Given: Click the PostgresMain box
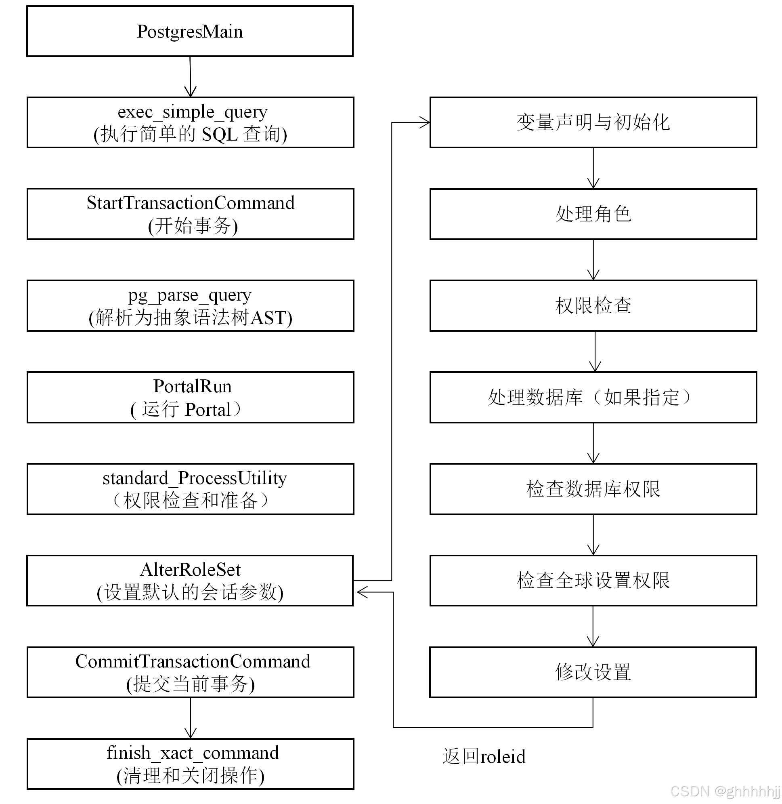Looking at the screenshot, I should pyautogui.click(x=190, y=31).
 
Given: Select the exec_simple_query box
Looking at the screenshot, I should pyautogui.click(x=190, y=122).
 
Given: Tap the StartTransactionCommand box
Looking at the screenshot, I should pyautogui.click(x=190, y=214).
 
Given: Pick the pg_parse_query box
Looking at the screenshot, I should pyautogui.click(x=190, y=306).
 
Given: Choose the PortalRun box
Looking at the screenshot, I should pyautogui.click(x=190, y=398).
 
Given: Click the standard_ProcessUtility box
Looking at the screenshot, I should pyautogui.click(x=190, y=489).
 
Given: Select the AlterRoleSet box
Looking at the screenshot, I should pyautogui.click(x=190, y=581).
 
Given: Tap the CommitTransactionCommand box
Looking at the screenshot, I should pyautogui.click(x=190, y=672).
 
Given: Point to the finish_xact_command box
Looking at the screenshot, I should pyautogui.click(x=190, y=764).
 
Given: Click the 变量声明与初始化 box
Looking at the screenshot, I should pyautogui.click(x=593, y=122).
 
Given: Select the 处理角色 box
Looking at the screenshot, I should pyautogui.click(x=593, y=214).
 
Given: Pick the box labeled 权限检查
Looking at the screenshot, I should pyautogui.click(x=593, y=306).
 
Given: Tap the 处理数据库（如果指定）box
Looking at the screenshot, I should pyautogui.click(x=593, y=398).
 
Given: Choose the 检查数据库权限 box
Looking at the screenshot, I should pyautogui.click(x=593, y=489).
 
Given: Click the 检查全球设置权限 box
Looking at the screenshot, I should pyautogui.click(x=593, y=581).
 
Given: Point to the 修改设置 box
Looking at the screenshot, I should pyautogui.click(x=593, y=672).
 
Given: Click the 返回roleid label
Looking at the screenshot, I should pyautogui.click(x=484, y=757).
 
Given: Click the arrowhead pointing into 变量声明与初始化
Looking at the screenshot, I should pyautogui.click(x=425, y=122).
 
